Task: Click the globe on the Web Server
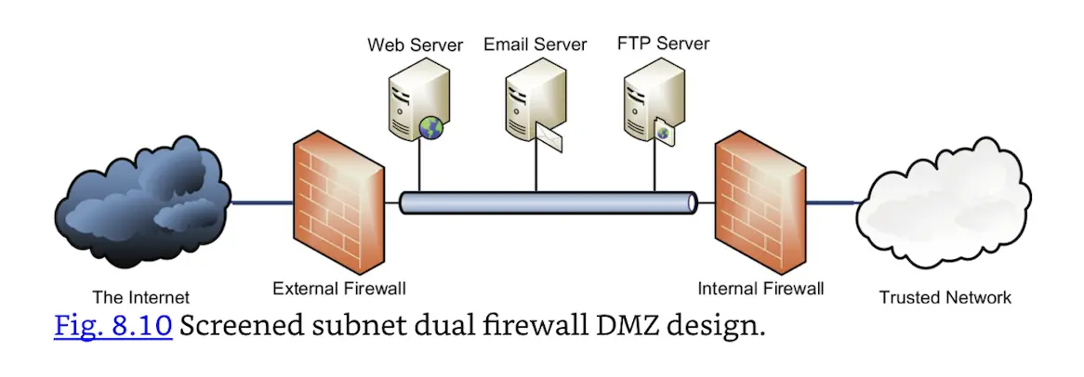(x=431, y=128)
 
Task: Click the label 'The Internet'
(x=140, y=298)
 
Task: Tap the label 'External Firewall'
(x=338, y=289)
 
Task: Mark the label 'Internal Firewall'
(x=760, y=289)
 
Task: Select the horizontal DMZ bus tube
(x=549, y=202)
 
